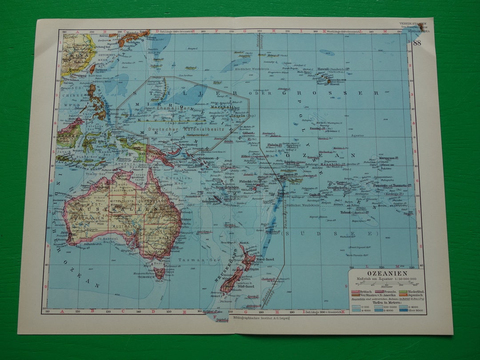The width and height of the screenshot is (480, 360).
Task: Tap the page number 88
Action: (416, 43)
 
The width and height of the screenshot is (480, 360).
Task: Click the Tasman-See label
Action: (191, 259)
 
